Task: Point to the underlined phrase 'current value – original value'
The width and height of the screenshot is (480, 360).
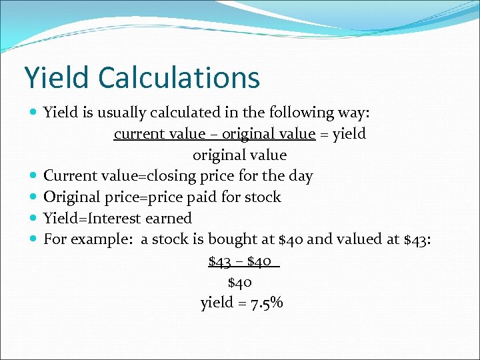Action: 214,134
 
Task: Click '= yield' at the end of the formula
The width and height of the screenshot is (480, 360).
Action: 343,134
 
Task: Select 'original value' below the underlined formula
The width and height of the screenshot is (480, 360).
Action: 240,155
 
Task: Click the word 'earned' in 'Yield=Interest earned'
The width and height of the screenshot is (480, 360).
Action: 170,219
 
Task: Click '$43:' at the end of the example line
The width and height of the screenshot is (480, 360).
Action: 417,239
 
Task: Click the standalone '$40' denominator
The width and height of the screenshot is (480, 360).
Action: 240,282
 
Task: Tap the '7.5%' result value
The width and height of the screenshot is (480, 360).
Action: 267,303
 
